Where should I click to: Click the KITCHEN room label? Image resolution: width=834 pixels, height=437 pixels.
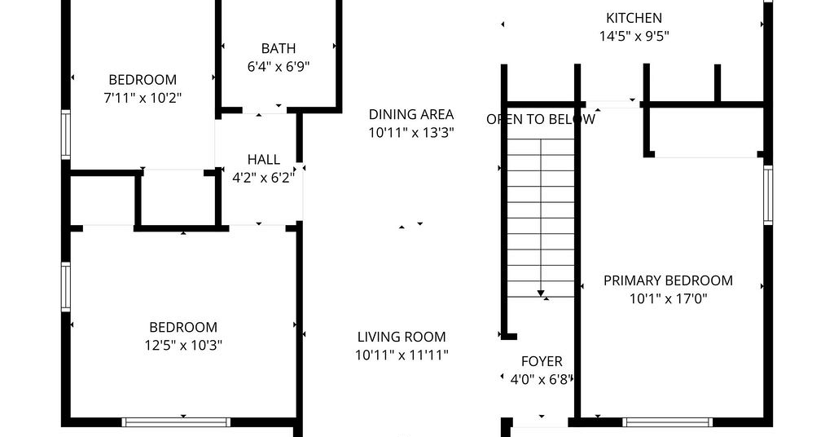coord(634,18)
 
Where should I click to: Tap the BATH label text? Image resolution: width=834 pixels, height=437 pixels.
coord(279,48)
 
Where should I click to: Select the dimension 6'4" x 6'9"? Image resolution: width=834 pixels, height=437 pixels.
coord(279,67)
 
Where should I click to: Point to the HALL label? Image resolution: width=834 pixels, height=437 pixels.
coord(264,160)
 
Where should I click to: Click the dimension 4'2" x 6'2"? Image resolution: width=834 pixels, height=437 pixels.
coord(263,178)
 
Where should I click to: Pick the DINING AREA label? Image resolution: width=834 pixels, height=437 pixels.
coord(411,114)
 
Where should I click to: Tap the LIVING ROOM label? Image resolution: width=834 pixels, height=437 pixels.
coord(402,337)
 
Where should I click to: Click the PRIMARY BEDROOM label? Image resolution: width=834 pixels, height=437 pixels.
coord(668,280)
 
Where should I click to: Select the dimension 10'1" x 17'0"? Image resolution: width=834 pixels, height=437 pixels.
coord(669,298)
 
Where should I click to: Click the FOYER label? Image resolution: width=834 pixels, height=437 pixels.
coord(542,361)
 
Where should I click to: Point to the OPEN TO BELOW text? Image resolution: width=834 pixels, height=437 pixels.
coord(541,119)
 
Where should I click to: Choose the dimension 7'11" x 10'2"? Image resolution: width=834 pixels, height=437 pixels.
coord(143,98)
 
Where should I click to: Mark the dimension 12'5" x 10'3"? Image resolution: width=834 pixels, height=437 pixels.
coord(183,346)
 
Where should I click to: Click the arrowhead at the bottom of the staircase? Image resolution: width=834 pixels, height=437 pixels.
coord(541,294)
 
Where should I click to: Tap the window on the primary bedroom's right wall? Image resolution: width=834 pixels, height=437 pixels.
coord(768,195)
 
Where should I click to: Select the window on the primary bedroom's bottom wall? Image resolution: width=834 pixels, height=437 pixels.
coord(668,422)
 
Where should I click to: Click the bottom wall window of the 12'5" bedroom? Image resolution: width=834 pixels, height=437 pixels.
coord(176,422)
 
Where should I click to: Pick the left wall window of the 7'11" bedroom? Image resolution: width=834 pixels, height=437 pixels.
coord(65,135)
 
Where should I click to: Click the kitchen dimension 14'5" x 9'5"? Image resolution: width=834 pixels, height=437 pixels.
coord(634,36)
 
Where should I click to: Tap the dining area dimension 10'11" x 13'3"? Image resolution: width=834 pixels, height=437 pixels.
coord(411,133)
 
